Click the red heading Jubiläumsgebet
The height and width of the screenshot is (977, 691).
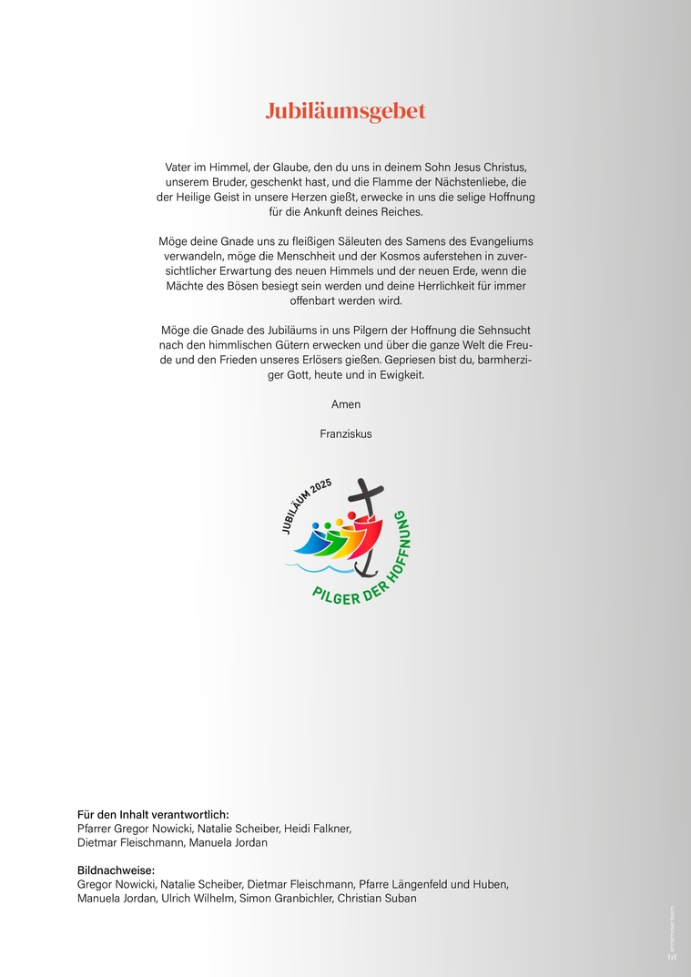pyautogui.click(x=345, y=112)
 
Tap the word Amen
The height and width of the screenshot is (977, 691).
pyautogui.click(x=345, y=403)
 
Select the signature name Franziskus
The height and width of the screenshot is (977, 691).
pyautogui.click(x=345, y=433)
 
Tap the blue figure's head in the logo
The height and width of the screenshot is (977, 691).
pyautogui.click(x=315, y=526)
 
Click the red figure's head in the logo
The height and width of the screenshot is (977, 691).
pyautogui.click(x=350, y=517)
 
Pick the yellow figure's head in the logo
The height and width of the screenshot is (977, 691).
pyautogui.click(x=339, y=522)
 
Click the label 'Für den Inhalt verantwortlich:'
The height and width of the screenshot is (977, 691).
pyautogui.click(x=153, y=814)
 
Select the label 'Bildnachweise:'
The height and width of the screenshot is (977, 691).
pyautogui.click(x=116, y=870)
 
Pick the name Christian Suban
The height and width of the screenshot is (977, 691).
pyautogui.click(x=376, y=899)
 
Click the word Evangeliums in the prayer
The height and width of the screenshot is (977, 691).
pyautogui.click(x=490, y=241)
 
